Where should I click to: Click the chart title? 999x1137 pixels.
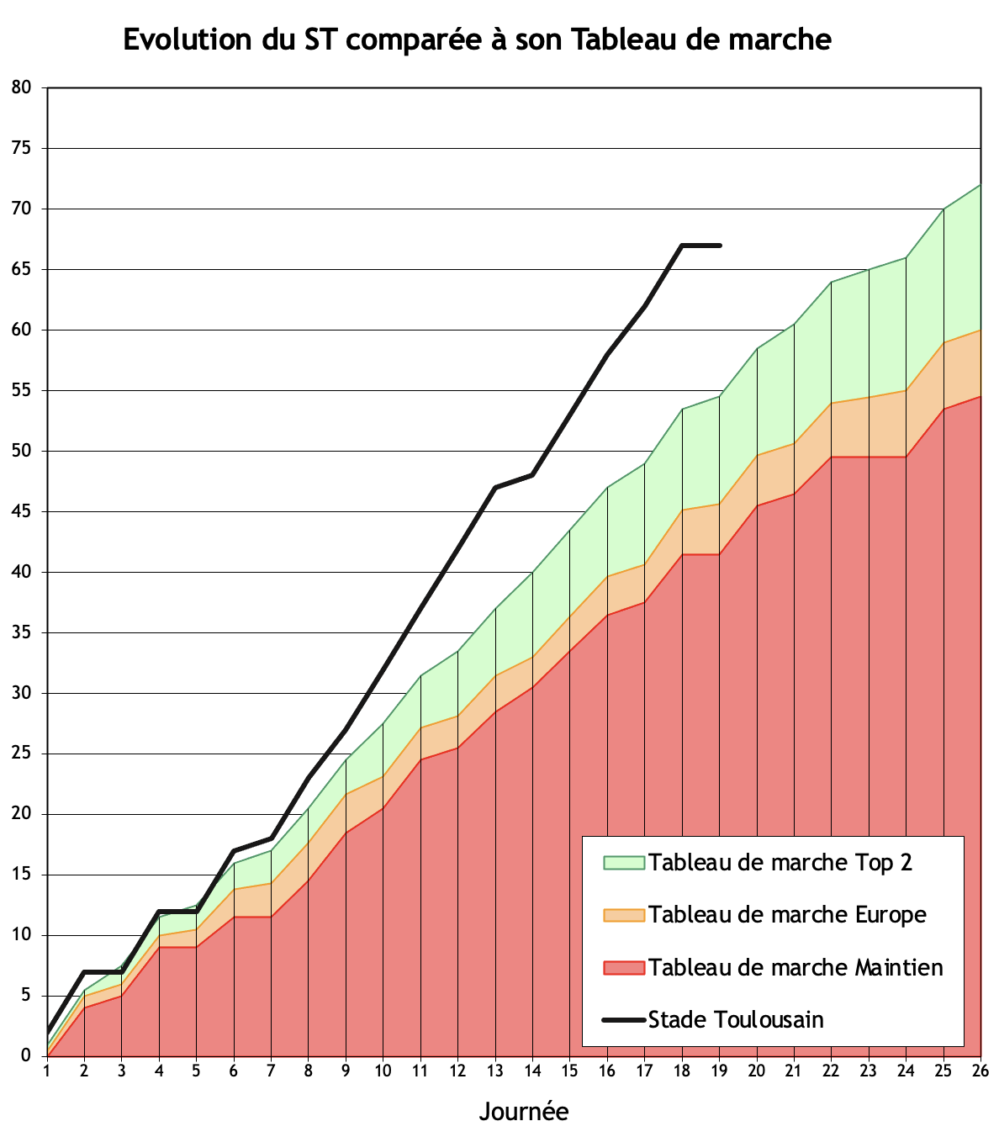pos(477,40)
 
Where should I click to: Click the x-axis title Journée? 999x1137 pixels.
pos(523,1111)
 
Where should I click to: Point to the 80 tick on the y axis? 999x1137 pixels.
pos(21,87)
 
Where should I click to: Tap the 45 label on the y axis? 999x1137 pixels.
pos(21,511)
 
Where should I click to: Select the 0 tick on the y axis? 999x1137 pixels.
pos(25,1056)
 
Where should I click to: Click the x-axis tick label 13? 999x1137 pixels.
pos(494,1071)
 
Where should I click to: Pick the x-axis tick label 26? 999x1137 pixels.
pos(980,1071)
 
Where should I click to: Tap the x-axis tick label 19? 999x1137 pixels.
pos(719,1071)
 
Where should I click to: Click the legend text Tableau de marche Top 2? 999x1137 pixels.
pos(780,863)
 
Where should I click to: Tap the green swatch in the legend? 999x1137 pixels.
pos(623,863)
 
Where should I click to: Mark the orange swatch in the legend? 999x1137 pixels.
pos(623,915)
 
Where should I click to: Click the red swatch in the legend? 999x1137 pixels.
pos(623,967)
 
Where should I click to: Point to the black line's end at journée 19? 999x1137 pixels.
pos(720,246)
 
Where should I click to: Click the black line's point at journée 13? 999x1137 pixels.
pos(495,488)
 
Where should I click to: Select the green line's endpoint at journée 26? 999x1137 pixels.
pos(980,185)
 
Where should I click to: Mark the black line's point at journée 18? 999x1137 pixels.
pos(682,246)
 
